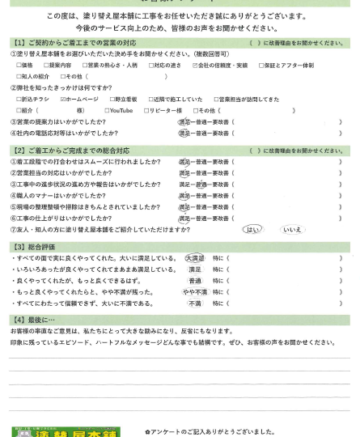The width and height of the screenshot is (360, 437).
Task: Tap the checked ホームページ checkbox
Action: (63, 99)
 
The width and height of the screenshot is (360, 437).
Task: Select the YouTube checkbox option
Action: (107, 110)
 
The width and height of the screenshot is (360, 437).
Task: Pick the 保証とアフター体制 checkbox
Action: (261, 65)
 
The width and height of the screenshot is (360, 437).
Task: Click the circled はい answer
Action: (252, 229)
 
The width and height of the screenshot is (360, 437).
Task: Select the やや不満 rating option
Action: (195, 291)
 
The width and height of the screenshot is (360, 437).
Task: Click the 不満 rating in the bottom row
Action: (195, 303)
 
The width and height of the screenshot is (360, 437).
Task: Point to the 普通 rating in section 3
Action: (195, 280)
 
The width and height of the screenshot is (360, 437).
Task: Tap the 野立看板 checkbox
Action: (108, 99)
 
